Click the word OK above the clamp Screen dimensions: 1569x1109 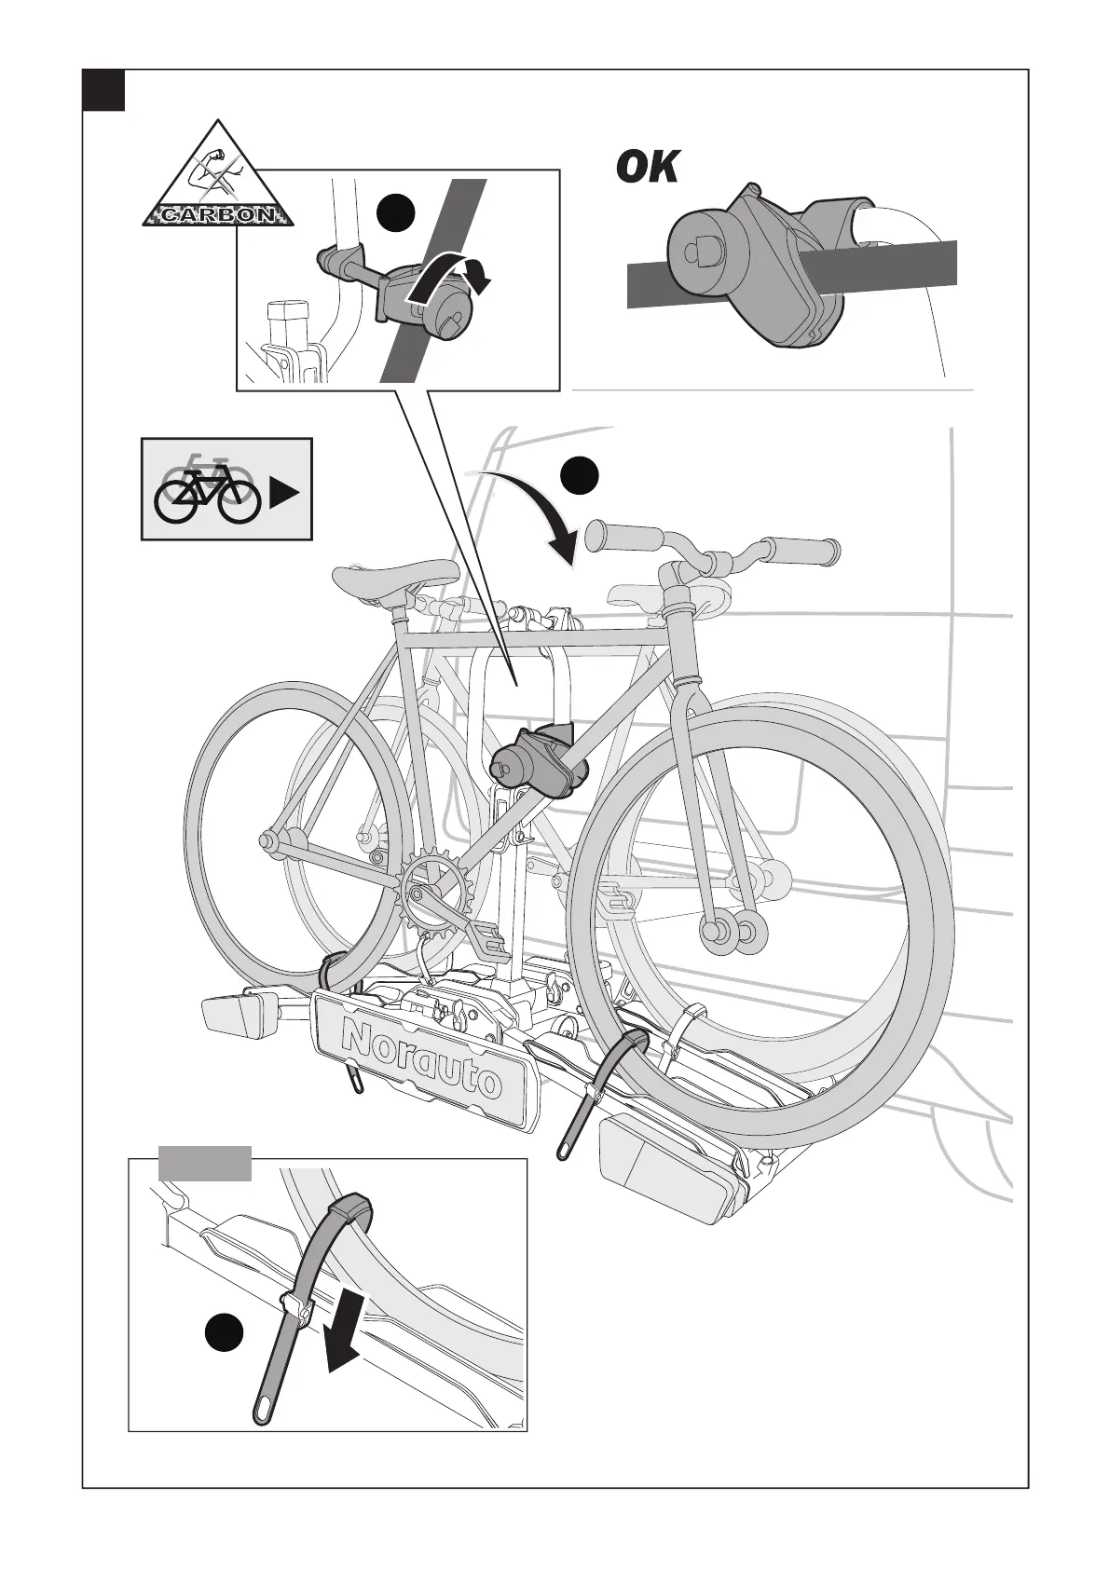pos(647,168)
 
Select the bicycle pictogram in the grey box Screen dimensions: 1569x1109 pos(206,489)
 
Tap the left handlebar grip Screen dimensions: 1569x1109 pos(623,539)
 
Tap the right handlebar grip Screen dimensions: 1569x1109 pos(803,552)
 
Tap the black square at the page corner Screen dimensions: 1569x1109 pos(103,89)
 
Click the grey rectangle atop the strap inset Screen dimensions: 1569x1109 pos(204,1163)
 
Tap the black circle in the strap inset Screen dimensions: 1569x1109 pos(224,1333)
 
